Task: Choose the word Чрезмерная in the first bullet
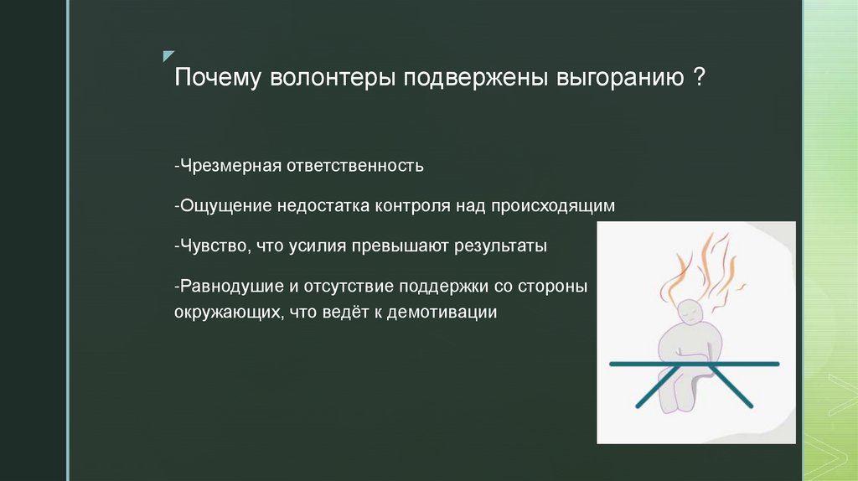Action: tap(222, 165)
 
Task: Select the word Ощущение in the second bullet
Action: tap(218, 205)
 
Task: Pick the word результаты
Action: tap(500, 246)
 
